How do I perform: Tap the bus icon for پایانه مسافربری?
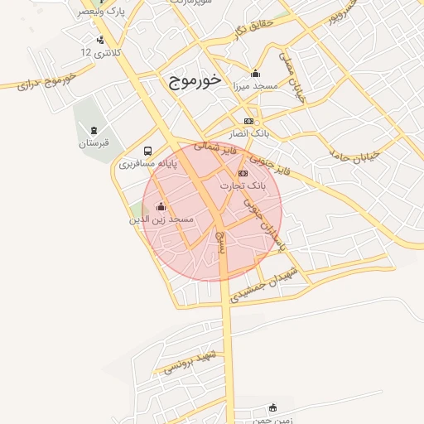pyautogui.click(x=147, y=151)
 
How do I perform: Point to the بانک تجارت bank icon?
pyautogui.click(x=243, y=173)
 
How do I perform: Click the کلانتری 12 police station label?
pyautogui.click(x=100, y=52)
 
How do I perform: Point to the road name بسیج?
pyautogui.click(x=219, y=241)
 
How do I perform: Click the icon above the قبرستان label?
pyautogui.click(x=94, y=129)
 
